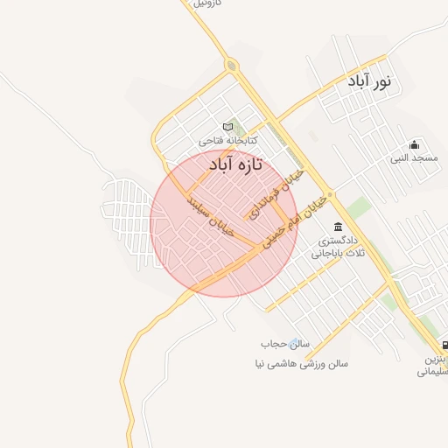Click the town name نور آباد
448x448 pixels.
(372, 82)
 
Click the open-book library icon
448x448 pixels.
(228, 127)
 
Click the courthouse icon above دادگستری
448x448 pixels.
(338, 227)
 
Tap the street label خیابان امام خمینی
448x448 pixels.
(294, 219)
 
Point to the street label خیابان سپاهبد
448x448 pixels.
(211, 214)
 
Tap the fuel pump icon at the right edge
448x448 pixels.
(444, 345)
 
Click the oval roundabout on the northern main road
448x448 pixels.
(231, 65)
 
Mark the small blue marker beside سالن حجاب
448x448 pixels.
(295, 344)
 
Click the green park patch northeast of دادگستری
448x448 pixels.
(358, 207)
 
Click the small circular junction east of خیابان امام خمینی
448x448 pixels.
(330, 193)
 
